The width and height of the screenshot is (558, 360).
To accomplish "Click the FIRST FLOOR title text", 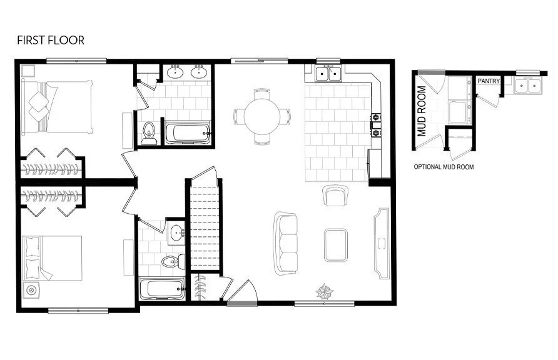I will click(x=50, y=41).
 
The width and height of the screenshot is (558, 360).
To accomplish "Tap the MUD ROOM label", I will click(x=422, y=111).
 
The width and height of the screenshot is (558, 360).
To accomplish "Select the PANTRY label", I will click(x=488, y=81).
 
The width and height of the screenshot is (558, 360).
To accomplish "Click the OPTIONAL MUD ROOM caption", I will click(x=444, y=167).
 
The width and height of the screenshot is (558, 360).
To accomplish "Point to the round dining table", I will click(x=262, y=116).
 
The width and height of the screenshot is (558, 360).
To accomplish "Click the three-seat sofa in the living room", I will click(x=287, y=243).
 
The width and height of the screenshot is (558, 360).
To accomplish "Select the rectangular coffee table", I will click(x=336, y=246).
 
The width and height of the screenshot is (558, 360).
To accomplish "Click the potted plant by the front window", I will click(x=325, y=291).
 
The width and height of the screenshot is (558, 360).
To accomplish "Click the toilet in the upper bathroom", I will click(x=149, y=133).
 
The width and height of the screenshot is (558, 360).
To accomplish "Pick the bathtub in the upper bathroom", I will click(x=188, y=132).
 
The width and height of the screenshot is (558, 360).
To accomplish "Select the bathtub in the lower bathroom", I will click(x=162, y=288).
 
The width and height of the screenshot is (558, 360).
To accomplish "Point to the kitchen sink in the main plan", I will click(x=328, y=74).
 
